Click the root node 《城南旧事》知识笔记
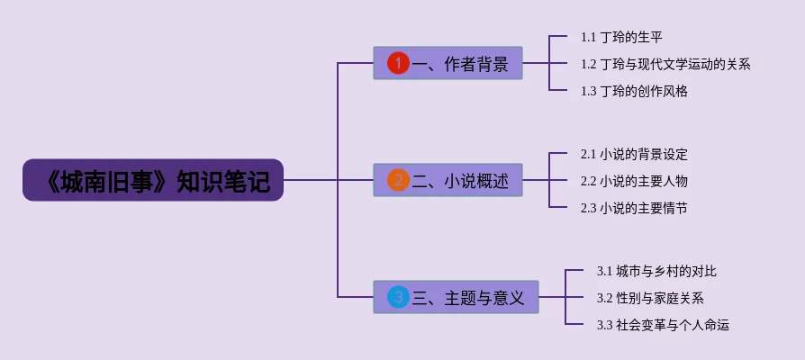(153, 181)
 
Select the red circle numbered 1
(398, 63)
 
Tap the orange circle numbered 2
(398, 180)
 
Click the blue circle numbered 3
(398, 297)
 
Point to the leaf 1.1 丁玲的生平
(621, 38)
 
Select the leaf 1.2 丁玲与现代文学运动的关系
(665, 64)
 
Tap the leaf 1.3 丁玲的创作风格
(634, 91)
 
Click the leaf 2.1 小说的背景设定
(634, 154)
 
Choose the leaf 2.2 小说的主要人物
(634, 181)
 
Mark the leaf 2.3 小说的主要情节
(634, 208)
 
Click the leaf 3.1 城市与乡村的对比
(656, 271)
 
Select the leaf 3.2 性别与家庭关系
(650, 298)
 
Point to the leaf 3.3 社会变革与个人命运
(663, 325)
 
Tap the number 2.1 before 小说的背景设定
(589, 154)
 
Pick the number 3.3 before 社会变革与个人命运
(604, 325)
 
